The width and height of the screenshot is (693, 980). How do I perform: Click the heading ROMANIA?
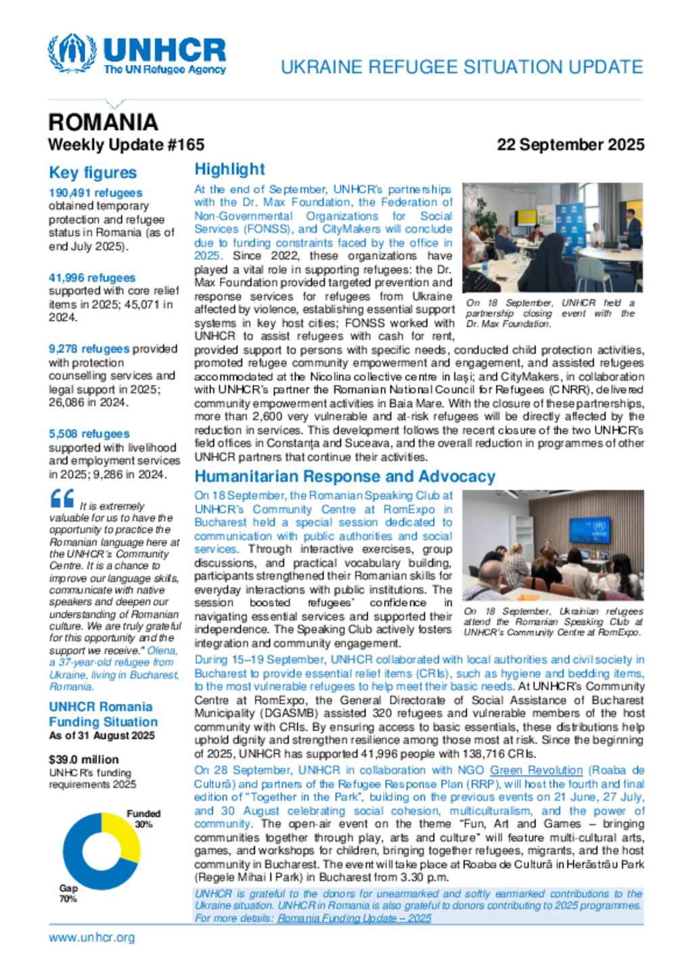[103, 122]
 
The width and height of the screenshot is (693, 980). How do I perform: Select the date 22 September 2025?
[570, 145]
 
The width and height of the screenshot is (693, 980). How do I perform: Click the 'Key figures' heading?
[93, 173]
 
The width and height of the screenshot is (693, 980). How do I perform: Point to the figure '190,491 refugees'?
[95, 193]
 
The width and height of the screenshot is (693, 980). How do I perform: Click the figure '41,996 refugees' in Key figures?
[92, 278]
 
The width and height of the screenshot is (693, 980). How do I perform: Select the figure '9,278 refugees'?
[89, 349]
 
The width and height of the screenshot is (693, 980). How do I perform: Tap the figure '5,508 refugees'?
[89, 434]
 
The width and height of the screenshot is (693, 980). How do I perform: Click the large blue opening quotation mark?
[62, 499]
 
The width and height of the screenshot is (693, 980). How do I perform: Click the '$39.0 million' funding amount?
[84, 760]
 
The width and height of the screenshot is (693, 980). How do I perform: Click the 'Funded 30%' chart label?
[143, 819]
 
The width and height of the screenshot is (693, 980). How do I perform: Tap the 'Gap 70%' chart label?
[68, 893]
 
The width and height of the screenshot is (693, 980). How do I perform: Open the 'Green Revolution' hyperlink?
[536, 770]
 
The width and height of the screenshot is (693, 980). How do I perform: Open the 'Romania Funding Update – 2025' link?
[354, 918]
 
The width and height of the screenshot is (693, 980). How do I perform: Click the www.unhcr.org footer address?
[92, 937]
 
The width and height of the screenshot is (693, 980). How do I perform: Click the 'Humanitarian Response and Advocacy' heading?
[344, 477]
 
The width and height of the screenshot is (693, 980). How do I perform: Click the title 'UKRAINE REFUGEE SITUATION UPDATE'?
[462, 67]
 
